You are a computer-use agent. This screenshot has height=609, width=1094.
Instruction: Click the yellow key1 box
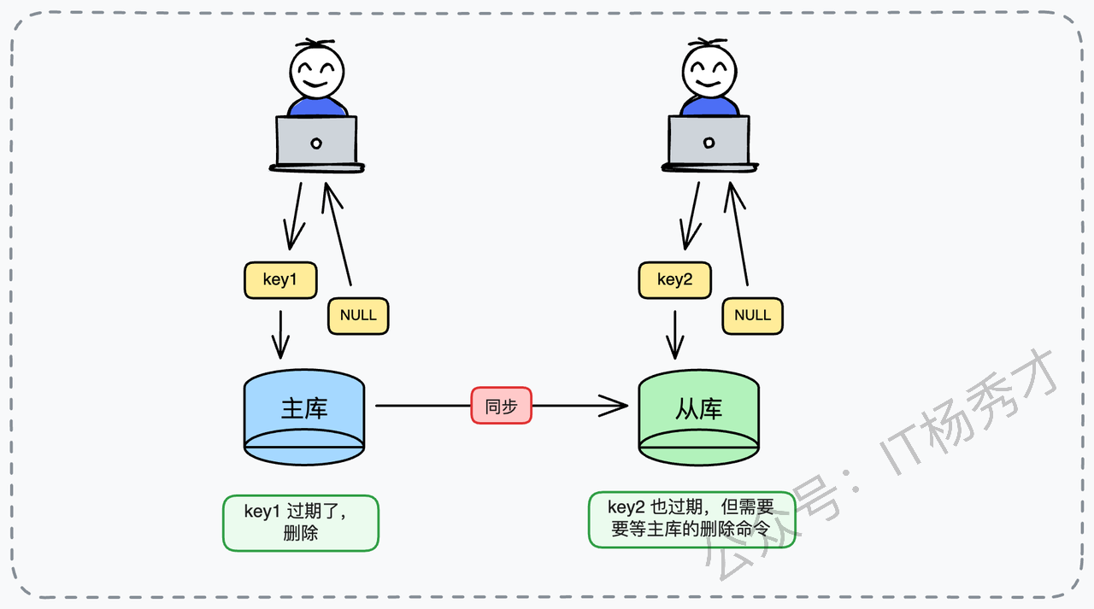tap(280, 280)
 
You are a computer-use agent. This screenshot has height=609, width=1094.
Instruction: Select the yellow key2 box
tap(674, 280)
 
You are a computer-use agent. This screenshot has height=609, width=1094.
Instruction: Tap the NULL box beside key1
tap(358, 315)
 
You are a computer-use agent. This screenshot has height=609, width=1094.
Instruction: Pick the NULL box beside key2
tap(752, 315)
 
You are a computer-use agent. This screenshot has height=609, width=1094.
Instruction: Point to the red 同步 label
tap(501, 406)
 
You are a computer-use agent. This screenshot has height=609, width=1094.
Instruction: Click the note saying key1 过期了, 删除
tap(300, 523)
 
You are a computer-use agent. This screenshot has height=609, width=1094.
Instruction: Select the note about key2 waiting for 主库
tap(691, 519)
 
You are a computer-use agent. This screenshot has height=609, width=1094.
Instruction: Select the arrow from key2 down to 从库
tap(675, 335)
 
